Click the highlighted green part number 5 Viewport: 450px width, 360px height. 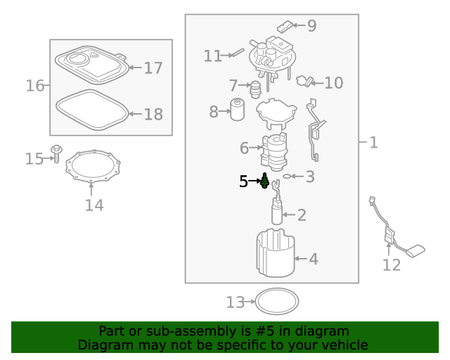pyautogui.click(x=264, y=181)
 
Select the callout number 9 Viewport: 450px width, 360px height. pyautogui.click(x=311, y=26)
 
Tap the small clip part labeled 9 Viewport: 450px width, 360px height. pyautogui.click(x=284, y=27)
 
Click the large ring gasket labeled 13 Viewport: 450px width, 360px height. pyautogui.click(x=276, y=302)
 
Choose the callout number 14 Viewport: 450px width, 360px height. pyautogui.click(x=94, y=205)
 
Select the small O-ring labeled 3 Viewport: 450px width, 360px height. pyautogui.click(x=287, y=176)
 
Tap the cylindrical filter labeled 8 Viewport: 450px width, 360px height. pyautogui.click(x=237, y=110)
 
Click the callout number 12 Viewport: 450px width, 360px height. pyautogui.click(x=392, y=265)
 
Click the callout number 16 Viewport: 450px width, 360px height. pyautogui.click(x=35, y=86)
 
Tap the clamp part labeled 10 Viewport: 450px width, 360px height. pyautogui.click(x=304, y=82)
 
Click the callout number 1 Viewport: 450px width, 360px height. pyautogui.click(x=373, y=143)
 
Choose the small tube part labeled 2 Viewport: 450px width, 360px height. pyautogui.click(x=277, y=212)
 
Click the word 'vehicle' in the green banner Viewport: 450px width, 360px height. pyautogui.click(x=343, y=345)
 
